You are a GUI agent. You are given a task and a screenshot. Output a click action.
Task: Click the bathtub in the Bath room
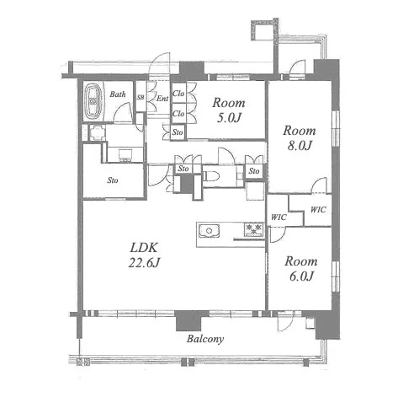[x=93, y=102]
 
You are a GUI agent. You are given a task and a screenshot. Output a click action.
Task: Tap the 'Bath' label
[x=118, y=94]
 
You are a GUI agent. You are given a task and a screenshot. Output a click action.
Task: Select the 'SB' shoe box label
[x=141, y=97]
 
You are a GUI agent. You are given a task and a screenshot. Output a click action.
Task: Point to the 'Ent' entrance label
[x=162, y=99]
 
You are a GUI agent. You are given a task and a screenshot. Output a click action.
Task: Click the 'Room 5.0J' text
[x=229, y=110]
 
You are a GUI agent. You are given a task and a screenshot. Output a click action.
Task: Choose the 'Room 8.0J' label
[x=300, y=138]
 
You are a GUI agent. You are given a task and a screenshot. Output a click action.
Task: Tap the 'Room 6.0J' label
[x=301, y=269]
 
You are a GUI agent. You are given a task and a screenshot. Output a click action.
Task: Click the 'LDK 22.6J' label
[x=145, y=255]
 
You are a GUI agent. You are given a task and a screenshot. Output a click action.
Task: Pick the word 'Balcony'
[x=205, y=339]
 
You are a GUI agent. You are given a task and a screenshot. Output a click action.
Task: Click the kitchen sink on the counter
[x=209, y=231]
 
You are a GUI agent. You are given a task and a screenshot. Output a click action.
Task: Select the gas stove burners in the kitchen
[x=254, y=229]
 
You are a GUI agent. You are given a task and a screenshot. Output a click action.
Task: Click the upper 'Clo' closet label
[x=178, y=93]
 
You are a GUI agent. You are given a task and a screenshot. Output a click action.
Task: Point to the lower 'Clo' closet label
[x=178, y=114]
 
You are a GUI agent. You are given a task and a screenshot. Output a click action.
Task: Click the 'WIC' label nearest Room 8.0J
[x=318, y=209]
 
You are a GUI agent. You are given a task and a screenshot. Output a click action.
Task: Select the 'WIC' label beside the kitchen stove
[x=278, y=218]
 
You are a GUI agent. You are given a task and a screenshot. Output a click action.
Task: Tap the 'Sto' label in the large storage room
[x=113, y=180]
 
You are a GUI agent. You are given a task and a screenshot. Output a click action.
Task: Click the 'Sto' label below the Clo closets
[x=178, y=132]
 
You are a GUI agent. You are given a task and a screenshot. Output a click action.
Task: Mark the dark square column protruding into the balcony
[x=188, y=320]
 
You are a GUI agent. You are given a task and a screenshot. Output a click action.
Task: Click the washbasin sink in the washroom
[x=125, y=155]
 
